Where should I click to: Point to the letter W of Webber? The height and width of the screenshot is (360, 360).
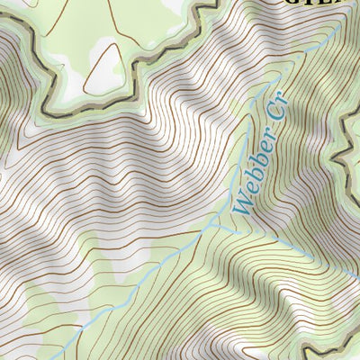[x=238, y=203]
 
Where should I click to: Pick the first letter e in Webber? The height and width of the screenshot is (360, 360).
[x=242, y=191]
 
